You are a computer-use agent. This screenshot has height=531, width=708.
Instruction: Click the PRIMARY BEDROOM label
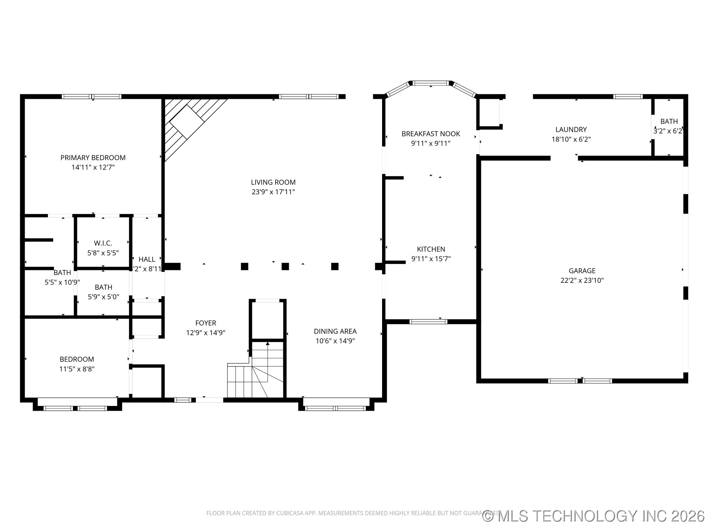pyautogui.click(x=93, y=157)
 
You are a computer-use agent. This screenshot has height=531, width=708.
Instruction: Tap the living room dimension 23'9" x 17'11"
pyautogui.click(x=273, y=192)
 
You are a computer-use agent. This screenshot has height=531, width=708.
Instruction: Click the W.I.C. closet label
pyautogui.click(x=103, y=243)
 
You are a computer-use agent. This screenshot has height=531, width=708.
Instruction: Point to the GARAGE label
pyautogui.click(x=582, y=271)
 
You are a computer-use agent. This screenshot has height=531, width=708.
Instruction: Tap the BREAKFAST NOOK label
pyautogui.click(x=431, y=134)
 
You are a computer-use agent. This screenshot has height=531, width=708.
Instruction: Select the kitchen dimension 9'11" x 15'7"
pyautogui.click(x=431, y=259)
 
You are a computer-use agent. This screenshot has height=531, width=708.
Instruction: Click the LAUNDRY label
pyautogui.click(x=571, y=129)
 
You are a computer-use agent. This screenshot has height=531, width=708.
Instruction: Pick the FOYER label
pyautogui.click(x=205, y=323)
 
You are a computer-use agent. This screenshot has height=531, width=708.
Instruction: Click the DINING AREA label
pyautogui.click(x=335, y=332)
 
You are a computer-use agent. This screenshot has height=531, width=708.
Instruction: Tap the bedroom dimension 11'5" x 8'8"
pyautogui.click(x=77, y=369)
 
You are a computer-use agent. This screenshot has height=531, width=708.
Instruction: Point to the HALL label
pyautogui.click(x=147, y=259)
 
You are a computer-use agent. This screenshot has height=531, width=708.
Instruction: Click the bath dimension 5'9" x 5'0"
pyautogui.click(x=103, y=297)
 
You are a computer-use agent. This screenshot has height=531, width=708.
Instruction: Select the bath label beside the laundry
pyautogui.click(x=669, y=121)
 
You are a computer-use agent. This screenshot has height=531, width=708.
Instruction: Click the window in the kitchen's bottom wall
pyautogui.click(x=428, y=322)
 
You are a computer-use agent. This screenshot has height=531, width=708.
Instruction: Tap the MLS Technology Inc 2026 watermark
pyautogui.click(x=594, y=516)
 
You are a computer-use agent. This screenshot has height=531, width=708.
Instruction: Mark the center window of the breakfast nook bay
pyautogui.click(x=431, y=83)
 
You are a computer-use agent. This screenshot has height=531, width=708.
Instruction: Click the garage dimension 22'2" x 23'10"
pyautogui.click(x=582, y=280)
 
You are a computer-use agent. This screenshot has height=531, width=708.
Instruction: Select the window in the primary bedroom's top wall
pyautogui.click(x=91, y=97)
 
